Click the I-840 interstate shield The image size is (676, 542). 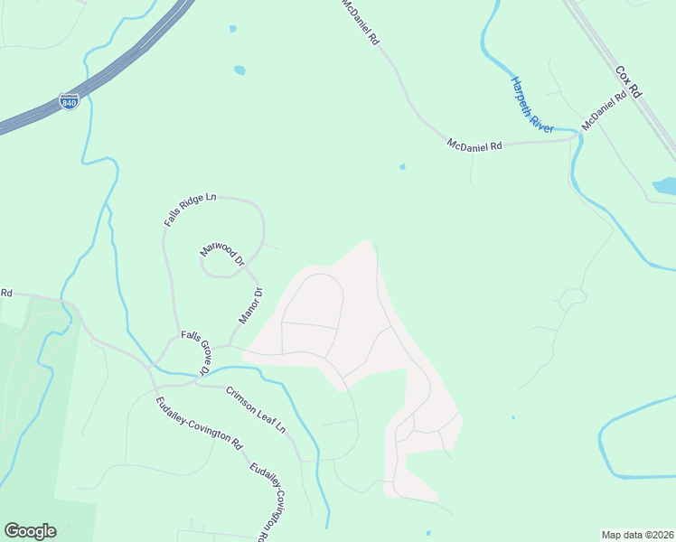69,102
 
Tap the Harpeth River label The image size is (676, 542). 530,105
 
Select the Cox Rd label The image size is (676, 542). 627,81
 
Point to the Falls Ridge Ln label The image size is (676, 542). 191,209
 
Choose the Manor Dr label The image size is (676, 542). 249,306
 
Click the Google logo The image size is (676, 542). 30,531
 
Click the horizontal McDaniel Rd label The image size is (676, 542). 474,145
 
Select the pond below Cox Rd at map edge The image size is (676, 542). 665,187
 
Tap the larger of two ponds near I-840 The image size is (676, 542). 239,70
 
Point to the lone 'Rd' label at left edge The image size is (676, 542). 6,293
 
